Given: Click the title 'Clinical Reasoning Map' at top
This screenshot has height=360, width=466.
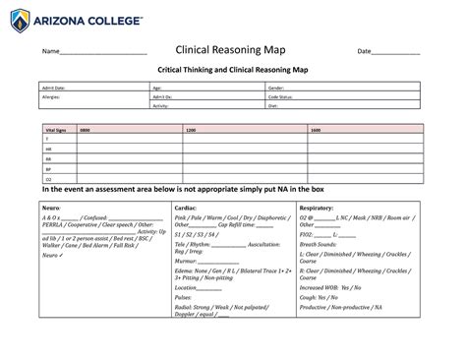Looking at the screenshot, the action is click(x=232, y=51).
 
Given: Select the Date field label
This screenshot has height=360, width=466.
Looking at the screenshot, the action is click(x=364, y=52).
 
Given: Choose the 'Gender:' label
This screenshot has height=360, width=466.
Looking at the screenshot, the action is click(x=276, y=89).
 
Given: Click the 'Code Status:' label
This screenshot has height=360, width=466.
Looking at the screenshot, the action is click(x=281, y=97).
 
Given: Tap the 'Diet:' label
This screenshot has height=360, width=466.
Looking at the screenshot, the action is click(x=273, y=105).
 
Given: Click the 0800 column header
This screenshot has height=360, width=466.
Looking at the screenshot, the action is click(x=85, y=130).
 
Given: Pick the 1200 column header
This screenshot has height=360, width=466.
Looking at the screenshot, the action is click(x=191, y=130).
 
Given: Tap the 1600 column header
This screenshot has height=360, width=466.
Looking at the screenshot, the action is click(x=316, y=130).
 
